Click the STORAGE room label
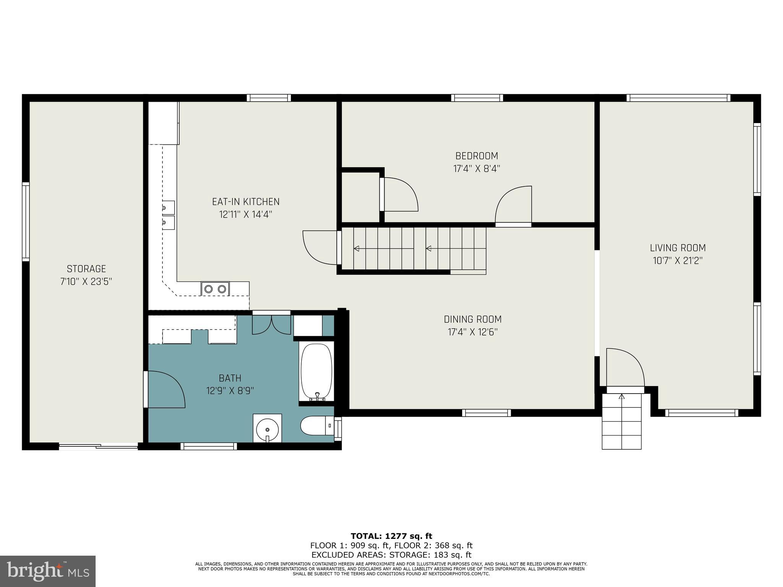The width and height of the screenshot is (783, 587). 86,269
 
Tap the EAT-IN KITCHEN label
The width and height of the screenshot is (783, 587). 246,201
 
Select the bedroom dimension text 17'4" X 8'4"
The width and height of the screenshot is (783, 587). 476,169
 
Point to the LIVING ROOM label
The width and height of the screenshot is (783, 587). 677,248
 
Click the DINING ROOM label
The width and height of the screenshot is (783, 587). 473,319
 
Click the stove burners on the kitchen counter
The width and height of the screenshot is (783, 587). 215,289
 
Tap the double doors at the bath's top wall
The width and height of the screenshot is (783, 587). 271,324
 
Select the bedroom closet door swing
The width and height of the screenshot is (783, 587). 399,195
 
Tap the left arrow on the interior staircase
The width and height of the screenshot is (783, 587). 356,249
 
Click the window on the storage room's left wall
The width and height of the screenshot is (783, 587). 26,222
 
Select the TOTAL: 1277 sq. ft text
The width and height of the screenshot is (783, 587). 391,536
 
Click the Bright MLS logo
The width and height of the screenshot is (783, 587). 48,571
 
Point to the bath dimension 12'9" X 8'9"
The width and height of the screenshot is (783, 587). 230,391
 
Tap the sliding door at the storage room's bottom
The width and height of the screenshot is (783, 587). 99,446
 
